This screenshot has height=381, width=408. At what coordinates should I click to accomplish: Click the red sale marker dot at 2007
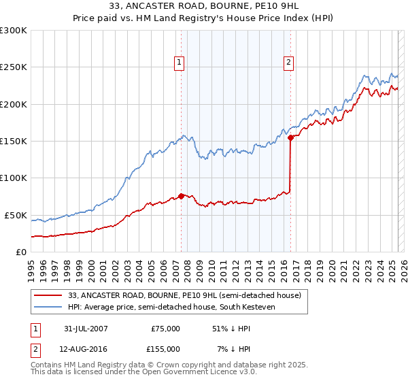point(182,196)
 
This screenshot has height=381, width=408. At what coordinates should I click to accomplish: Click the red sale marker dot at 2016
point(290,137)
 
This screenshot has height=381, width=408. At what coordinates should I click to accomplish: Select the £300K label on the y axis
point(14,31)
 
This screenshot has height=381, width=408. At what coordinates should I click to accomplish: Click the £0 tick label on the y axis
point(20,252)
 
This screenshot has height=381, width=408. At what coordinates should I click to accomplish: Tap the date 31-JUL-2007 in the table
point(85,329)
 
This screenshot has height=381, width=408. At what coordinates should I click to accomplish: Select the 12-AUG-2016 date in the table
point(85,349)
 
